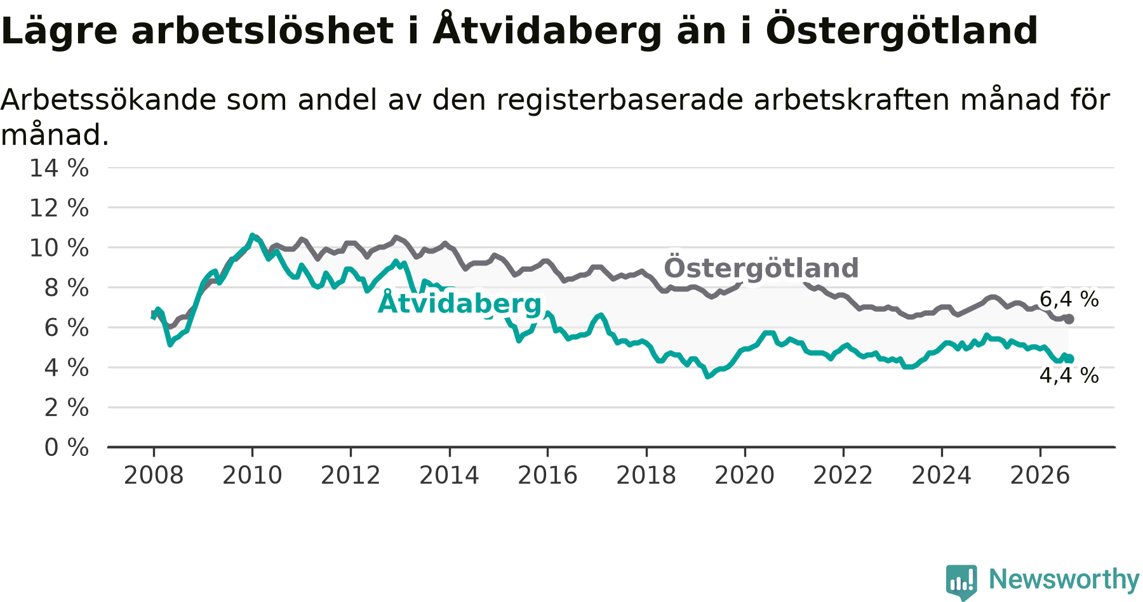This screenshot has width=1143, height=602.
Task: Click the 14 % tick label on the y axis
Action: [59, 168]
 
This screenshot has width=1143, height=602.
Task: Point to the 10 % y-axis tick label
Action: [59, 248]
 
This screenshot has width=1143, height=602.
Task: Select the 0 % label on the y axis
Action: [67, 448]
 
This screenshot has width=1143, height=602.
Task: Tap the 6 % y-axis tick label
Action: [67, 328]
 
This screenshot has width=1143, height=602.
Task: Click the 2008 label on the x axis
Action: [154, 475]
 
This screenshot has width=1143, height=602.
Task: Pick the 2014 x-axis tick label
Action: [449, 475]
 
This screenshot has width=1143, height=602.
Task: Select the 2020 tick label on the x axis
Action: [745, 475]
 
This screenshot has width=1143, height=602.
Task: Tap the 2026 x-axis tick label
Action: [1040, 475]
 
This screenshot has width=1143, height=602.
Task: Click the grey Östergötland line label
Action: [761, 267]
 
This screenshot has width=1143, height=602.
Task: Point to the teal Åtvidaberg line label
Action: [460, 302]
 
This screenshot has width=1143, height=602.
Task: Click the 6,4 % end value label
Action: [1069, 299]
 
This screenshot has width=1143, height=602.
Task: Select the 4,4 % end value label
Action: [1069, 375]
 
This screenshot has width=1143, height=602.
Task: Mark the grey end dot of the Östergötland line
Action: [1069, 319]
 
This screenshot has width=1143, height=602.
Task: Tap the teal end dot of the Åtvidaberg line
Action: [1069, 359]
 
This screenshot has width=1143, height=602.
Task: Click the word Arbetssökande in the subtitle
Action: [108, 100]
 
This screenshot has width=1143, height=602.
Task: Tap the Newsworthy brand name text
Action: [1064, 579]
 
